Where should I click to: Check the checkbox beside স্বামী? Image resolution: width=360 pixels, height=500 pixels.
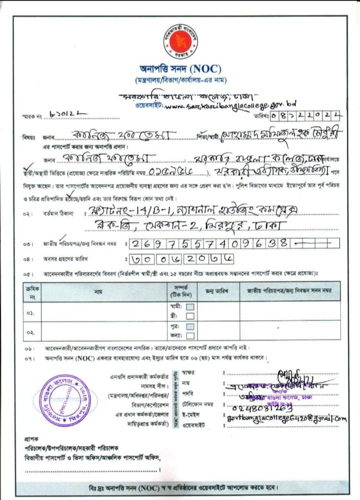(x=190, y=307)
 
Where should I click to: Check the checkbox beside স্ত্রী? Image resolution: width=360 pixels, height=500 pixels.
(x=190, y=316)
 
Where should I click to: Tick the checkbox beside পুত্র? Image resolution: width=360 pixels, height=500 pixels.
(x=190, y=326)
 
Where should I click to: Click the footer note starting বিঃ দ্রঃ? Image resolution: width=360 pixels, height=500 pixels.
(x=179, y=487)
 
